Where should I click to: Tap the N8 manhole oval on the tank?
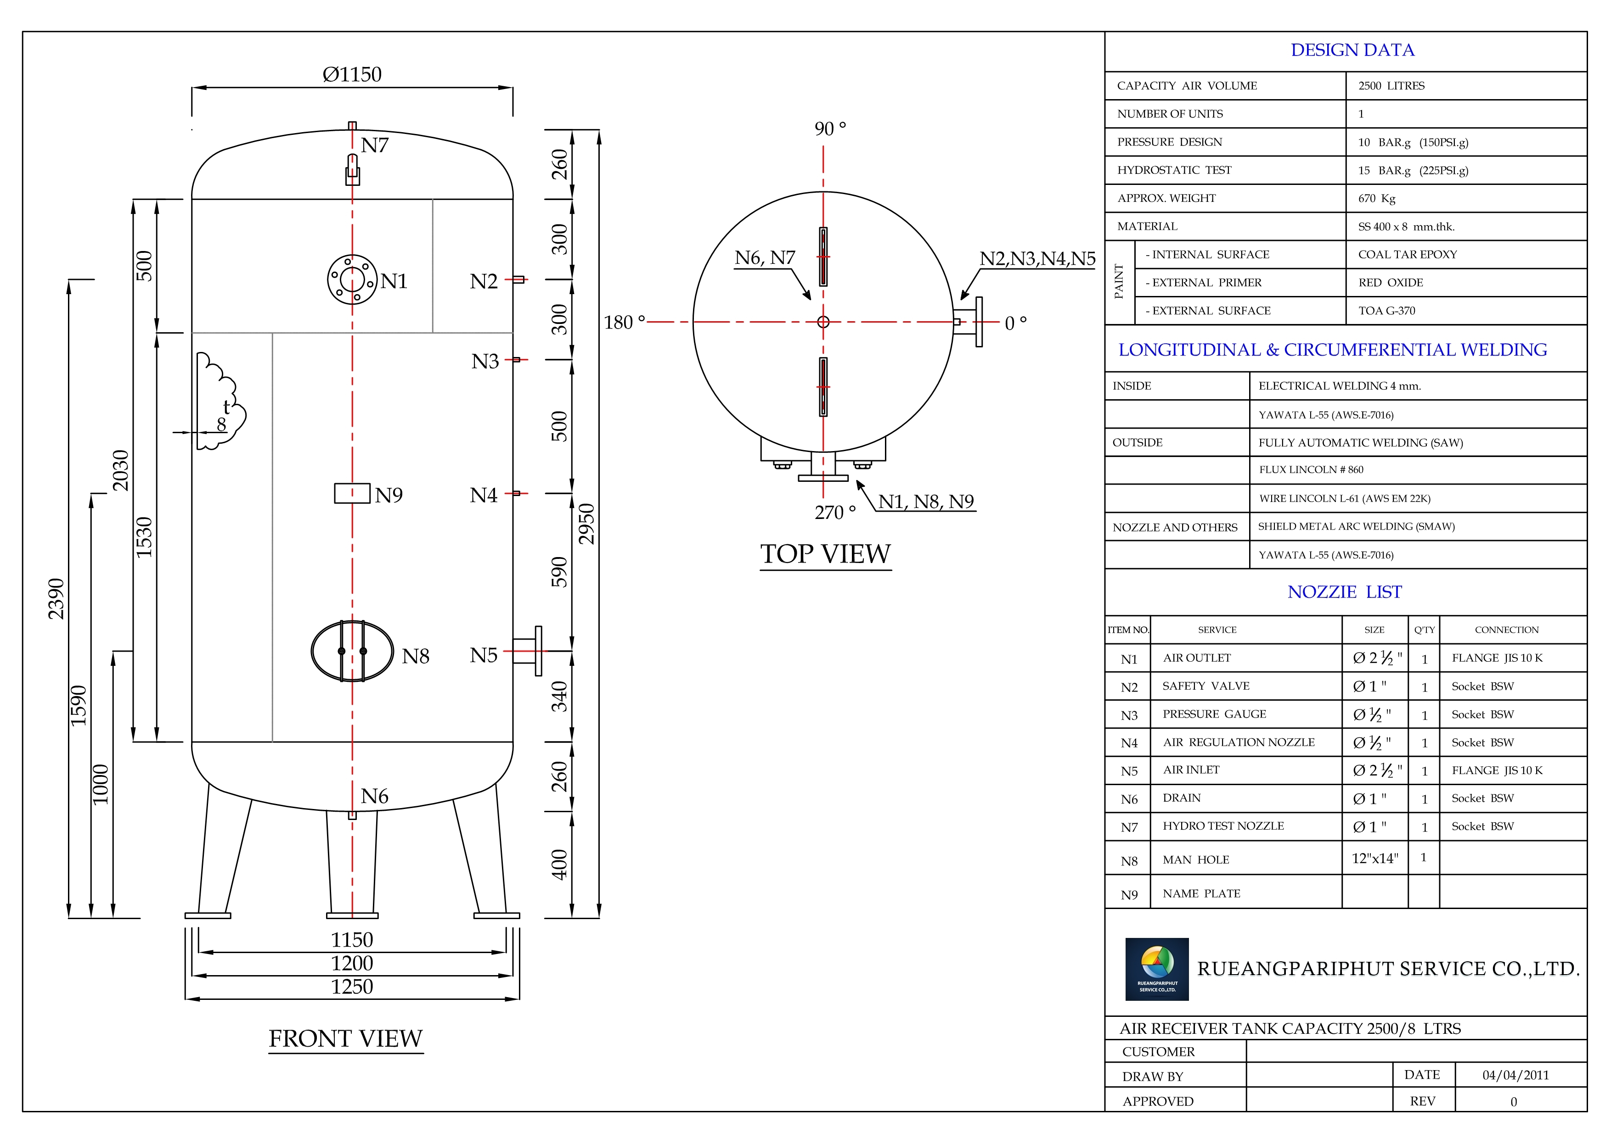352,651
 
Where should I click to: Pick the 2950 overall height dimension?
586,523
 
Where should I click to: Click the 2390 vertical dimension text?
56,599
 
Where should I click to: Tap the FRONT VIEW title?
345,1038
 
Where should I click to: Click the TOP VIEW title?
825,554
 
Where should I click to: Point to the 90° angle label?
830,129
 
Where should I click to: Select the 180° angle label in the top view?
624,323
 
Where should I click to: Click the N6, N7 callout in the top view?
765,258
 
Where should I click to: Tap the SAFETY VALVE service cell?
1205,686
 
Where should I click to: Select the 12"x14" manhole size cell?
1374,858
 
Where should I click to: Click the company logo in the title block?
1156,968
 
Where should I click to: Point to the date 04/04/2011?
1515,1075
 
